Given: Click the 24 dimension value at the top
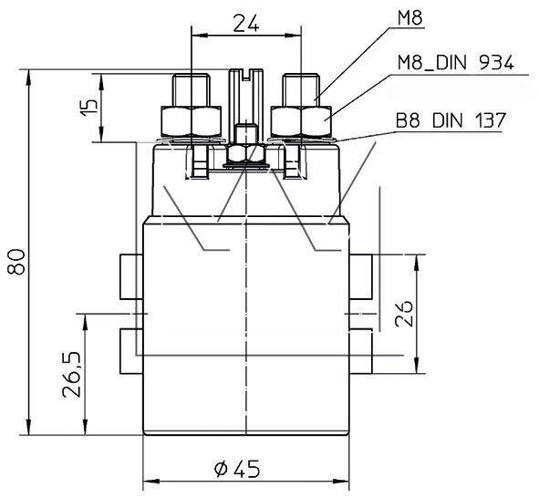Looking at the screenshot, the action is pos(246,23).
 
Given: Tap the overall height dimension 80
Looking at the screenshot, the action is pos(16,262).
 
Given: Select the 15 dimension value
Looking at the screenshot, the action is pos(89,108).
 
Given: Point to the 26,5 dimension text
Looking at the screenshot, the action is pos(71,374).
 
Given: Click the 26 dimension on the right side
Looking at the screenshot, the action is pos(403,314).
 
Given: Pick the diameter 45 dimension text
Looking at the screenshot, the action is pos(237,469).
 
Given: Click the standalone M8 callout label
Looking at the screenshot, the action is pos(409,18).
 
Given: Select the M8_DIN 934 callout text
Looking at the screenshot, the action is pos(456,63).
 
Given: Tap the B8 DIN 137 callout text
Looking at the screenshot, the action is pos(451,120).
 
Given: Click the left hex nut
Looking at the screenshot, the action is pos(192,120).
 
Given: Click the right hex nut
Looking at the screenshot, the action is pos(301,120).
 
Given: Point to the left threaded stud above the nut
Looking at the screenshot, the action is pos(192,90).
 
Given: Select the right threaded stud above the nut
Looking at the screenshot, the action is pos(301,90).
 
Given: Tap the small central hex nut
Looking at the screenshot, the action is pos(245,153).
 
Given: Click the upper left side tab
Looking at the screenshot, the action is pos(131,276).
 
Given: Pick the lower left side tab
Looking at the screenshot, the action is pos(131,351).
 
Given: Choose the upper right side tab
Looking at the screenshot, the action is pos(360,276).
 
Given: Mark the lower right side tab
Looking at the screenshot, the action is pos(360,351).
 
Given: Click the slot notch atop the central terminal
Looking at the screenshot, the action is pos(245,76).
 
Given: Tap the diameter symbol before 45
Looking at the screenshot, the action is pos(221,469).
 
